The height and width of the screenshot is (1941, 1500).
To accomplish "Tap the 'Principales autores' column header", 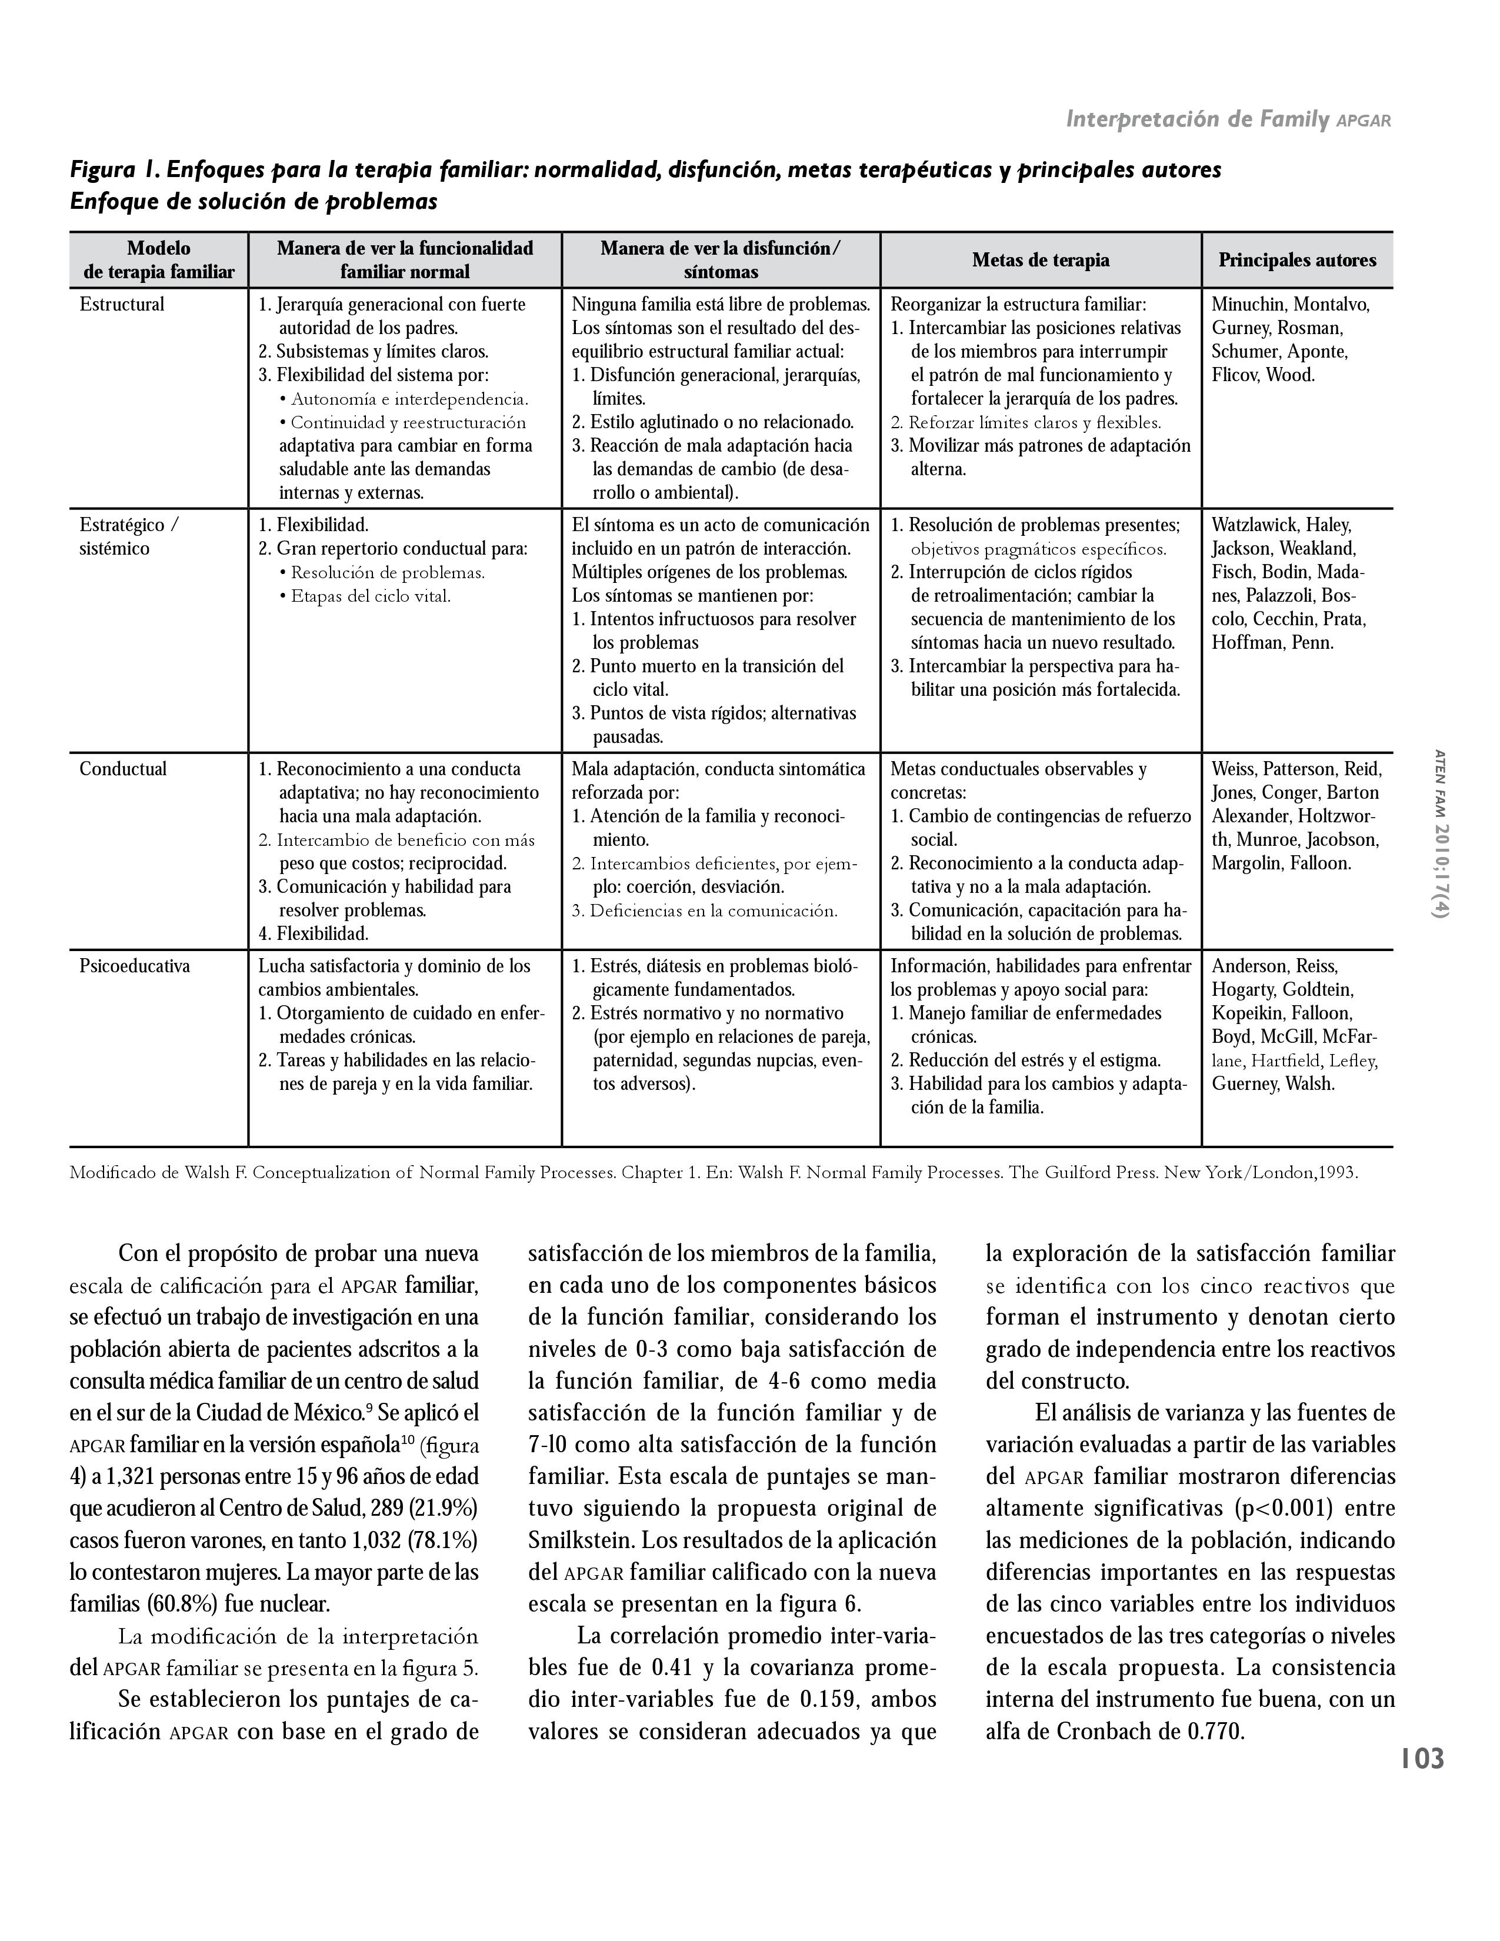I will tap(1296, 261).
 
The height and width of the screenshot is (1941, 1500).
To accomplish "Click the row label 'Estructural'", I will tap(122, 305).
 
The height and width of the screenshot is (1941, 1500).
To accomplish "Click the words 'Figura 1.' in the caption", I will tap(115, 170).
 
